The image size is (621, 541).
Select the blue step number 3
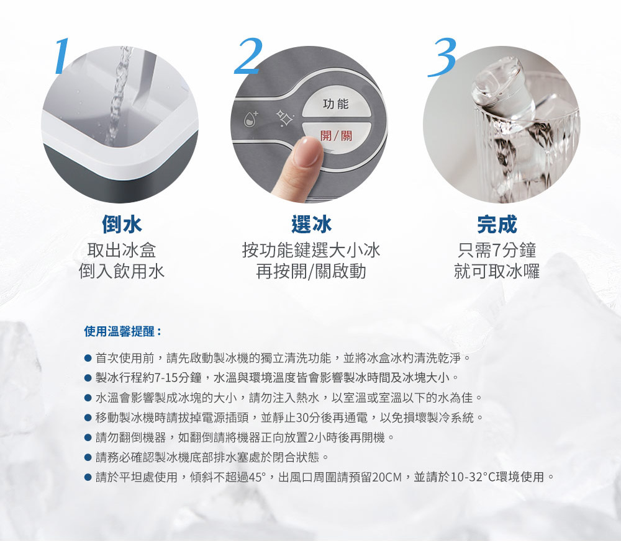click(442, 56)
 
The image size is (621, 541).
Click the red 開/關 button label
click(336, 136)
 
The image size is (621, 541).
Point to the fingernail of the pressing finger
click(307, 151)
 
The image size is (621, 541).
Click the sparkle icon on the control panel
click(284, 118)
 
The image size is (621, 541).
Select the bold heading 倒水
click(122, 225)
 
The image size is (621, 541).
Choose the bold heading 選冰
click(311, 225)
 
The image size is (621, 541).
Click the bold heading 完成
click(497, 225)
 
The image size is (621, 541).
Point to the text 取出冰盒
click(122, 251)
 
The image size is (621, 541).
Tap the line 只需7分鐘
click(497, 251)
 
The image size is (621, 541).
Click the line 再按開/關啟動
click(311, 272)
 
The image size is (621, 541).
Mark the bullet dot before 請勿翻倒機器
click(88, 438)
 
